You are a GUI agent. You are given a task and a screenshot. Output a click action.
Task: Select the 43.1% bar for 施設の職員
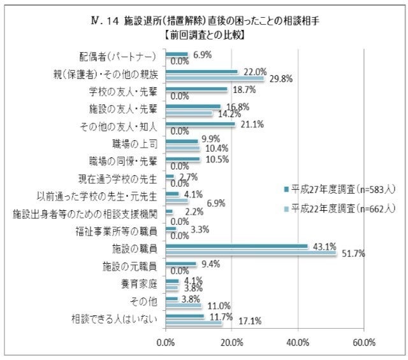coord(237,245)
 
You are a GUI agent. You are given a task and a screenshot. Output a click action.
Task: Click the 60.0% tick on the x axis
coord(363,343)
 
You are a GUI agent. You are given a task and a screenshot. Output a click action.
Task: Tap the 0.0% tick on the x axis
coord(166,343)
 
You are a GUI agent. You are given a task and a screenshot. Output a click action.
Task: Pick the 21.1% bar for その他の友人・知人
coord(200,124)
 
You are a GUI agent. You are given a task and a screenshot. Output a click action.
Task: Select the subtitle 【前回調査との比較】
coord(204,33)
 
